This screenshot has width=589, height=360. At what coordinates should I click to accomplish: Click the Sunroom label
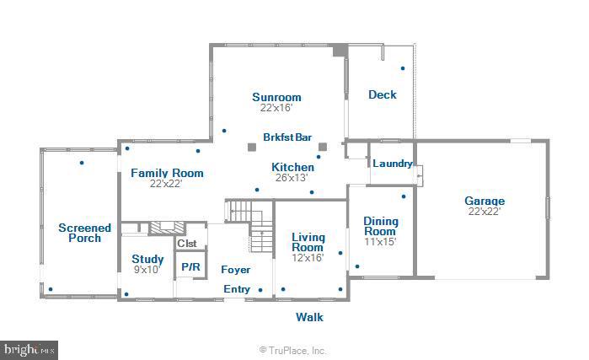pos(276,97)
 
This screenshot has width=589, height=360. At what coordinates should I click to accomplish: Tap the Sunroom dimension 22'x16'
pos(276,108)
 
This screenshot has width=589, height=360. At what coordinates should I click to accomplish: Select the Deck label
pos(383,94)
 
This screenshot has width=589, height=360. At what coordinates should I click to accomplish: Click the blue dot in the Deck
pos(403,68)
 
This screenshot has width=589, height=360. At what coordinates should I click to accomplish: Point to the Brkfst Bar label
pos(287,137)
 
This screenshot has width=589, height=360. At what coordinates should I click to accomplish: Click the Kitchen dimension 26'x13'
pos(292,178)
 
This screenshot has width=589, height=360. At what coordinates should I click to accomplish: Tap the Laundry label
pos(393,164)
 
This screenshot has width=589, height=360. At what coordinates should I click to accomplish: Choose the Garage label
pos(485,201)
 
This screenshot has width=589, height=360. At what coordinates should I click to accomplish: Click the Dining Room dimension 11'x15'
pos(380,242)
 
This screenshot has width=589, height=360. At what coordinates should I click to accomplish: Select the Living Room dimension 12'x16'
pos(308,258)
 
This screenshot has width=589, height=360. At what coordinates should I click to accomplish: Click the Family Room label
pos(167,173)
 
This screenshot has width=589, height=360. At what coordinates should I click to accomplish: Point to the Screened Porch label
pos(85,233)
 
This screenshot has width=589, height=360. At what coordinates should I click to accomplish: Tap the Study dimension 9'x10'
pos(147,270)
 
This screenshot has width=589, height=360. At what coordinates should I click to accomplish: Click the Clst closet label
pos(187,244)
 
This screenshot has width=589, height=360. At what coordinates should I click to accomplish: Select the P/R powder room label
pos(190,267)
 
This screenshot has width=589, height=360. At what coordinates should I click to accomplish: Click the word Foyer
pos(236,270)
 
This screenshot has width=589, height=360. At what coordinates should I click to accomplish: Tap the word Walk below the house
pos(309,317)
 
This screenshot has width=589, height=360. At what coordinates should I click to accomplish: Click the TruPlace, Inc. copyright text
pos(292,351)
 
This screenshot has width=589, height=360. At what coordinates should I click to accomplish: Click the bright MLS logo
pos(29,350)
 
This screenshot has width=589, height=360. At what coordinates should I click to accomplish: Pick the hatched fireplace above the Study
pos(167,228)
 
